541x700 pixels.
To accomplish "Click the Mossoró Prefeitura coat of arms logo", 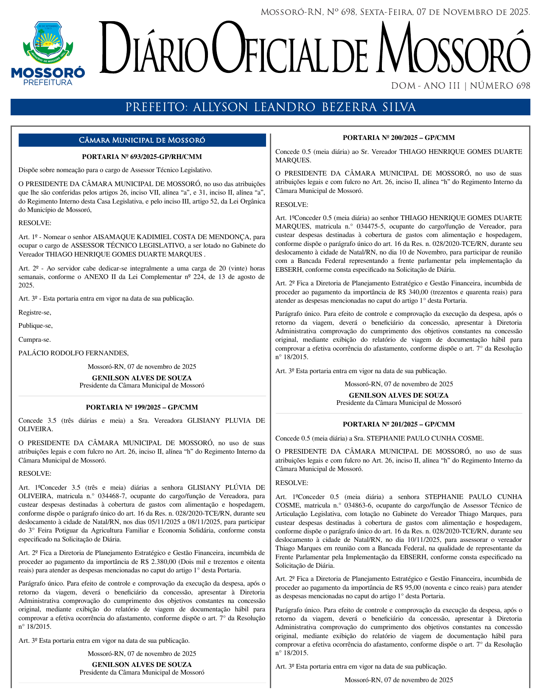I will pos(48,53).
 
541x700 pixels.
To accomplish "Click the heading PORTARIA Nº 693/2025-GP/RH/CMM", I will pos(142,157).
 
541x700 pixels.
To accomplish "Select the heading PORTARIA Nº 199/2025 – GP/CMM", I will pos(142,407).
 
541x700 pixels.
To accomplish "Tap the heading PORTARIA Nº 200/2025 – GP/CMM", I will pos(398,138).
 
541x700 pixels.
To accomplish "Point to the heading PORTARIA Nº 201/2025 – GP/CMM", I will pos(398,424).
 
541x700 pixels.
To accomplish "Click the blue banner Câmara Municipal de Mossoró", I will pos(142,140).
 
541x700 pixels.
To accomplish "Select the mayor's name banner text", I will pos(270,107).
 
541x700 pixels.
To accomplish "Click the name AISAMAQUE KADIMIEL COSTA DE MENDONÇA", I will pos(173,237).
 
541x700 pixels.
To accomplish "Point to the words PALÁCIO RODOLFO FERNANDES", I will pos(73,353).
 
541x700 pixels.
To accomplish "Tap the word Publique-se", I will pos(36,326).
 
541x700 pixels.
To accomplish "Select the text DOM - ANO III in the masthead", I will pos(425,86).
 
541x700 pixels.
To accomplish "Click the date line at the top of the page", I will pos(395,12).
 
